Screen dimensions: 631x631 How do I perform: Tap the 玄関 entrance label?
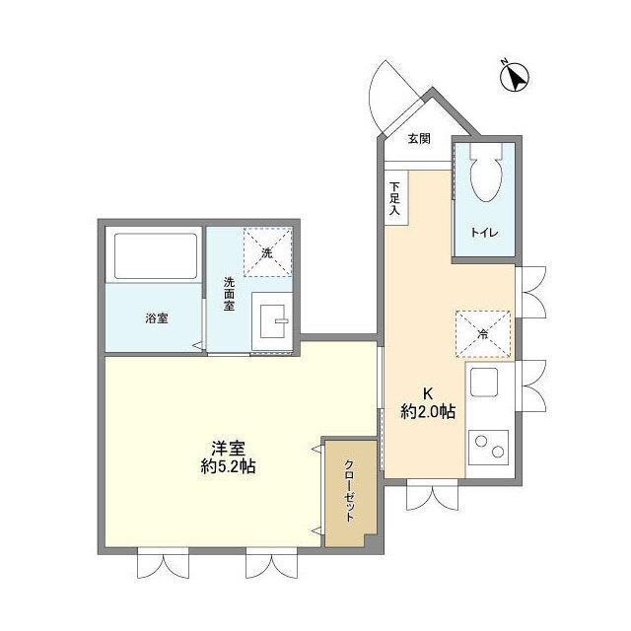(x=418, y=138)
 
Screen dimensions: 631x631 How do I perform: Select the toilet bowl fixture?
(x=485, y=177)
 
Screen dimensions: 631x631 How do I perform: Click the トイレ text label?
(x=483, y=233)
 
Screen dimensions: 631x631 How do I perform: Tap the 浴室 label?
(x=156, y=317)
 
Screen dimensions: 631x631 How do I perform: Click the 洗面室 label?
(x=229, y=294)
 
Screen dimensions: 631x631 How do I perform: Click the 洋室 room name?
(x=227, y=445)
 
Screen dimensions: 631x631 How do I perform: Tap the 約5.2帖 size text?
(x=227, y=466)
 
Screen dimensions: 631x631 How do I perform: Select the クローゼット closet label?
(x=349, y=491)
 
